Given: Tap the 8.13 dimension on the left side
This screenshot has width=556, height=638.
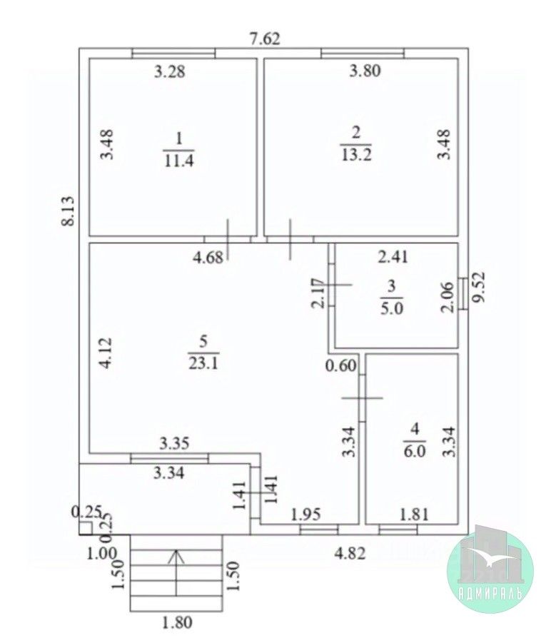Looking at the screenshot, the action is (x=68, y=212).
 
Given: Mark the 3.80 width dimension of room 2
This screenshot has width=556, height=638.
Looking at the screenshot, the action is (x=365, y=70).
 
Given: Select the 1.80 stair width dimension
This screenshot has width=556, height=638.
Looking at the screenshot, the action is (x=176, y=623).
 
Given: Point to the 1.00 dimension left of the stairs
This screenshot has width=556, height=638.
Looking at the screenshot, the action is (x=102, y=551).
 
